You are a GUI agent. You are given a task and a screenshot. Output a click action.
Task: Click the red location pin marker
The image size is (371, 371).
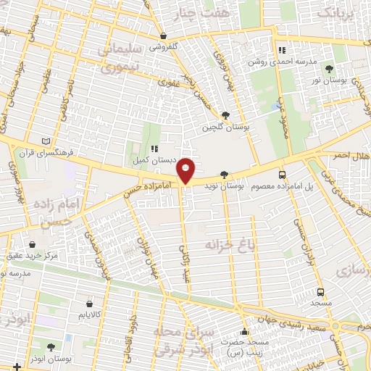click(x=186, y=170)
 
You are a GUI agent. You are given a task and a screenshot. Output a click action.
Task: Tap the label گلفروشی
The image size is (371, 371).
click(x=163, y=46)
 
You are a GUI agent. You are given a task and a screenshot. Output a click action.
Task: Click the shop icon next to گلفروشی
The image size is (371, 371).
click(x=164, y=36)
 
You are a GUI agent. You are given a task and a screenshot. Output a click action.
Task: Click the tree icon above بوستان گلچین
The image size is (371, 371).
click(x=225, y=114)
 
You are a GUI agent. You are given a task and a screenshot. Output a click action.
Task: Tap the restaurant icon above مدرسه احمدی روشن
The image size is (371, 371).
click(x=282, y=50)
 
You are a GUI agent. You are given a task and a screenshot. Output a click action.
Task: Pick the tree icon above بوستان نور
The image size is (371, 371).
click(x=330, y=69)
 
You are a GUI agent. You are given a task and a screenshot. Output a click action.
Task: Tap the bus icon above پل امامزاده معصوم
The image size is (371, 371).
click(x=282, y=175)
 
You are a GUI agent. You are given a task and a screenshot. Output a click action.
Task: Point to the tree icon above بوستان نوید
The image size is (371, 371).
click(x=223, y=175)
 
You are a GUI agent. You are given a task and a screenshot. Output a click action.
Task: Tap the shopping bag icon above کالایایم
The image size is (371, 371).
click(x=88, y=304)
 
